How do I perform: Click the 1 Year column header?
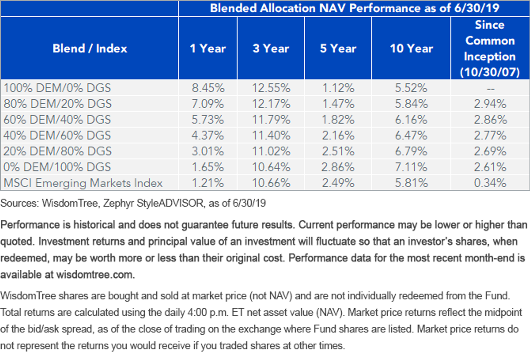[x=208, y=49]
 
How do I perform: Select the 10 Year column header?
[x=411, y=49]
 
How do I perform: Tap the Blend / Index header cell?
[x=90, y=49]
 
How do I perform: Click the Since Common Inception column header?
[x=490, y=49]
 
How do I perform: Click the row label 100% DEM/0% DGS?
[x=57, y=88]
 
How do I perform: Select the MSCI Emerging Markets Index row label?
[x=83, y=183]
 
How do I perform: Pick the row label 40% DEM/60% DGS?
[x=57, y=135]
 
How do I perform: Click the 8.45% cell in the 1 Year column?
[x=208, y=88]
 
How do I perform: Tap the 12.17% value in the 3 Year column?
[x=271, y=104]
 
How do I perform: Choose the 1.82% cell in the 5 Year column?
[x=338, y=120]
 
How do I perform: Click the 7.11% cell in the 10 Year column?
[x=411, y=167]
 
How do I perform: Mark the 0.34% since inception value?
[x=490, y=183]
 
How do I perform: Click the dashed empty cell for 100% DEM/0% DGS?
[x=491, y=89]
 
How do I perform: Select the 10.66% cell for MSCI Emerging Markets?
[x=271, y=183]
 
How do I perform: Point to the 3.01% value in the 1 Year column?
[x=208, y=151]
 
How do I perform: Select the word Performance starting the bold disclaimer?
[x=35, y=225]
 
